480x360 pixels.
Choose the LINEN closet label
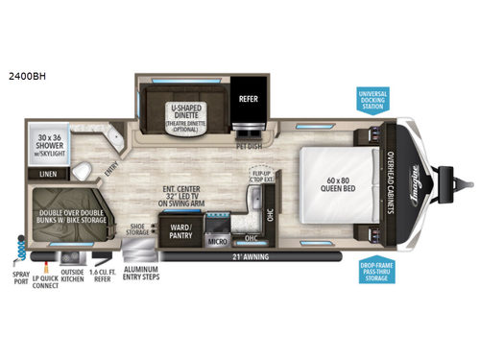point(49,174)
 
